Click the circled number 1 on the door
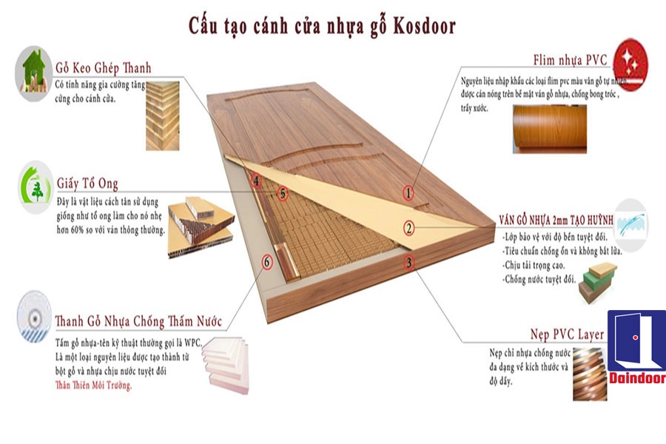pyautogui.click(x=408, y=193)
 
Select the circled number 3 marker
pyautogui.click(x=408, y=263)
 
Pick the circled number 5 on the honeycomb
pyautogui.click(x=281, y=194)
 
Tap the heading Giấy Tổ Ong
pyautogui.click(x=87, y=183)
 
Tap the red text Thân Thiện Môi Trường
pyautogui.click(x=93, y=386)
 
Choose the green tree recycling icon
pyautogui.click(x=35, y=185)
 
